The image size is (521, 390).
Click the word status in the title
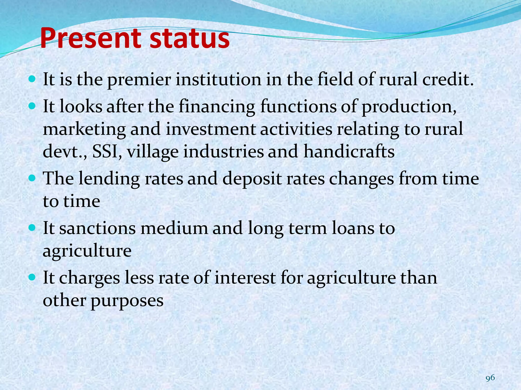[x=190, y=39]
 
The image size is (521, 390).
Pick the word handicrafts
[x=349, y=152]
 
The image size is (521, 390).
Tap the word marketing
[x=84, y=129]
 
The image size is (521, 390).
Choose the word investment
[x=211, y=129]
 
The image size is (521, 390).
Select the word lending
[x=109, y=178]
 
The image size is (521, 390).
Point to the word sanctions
[x=97, y=228]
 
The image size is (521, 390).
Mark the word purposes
[x=127, y=301]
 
